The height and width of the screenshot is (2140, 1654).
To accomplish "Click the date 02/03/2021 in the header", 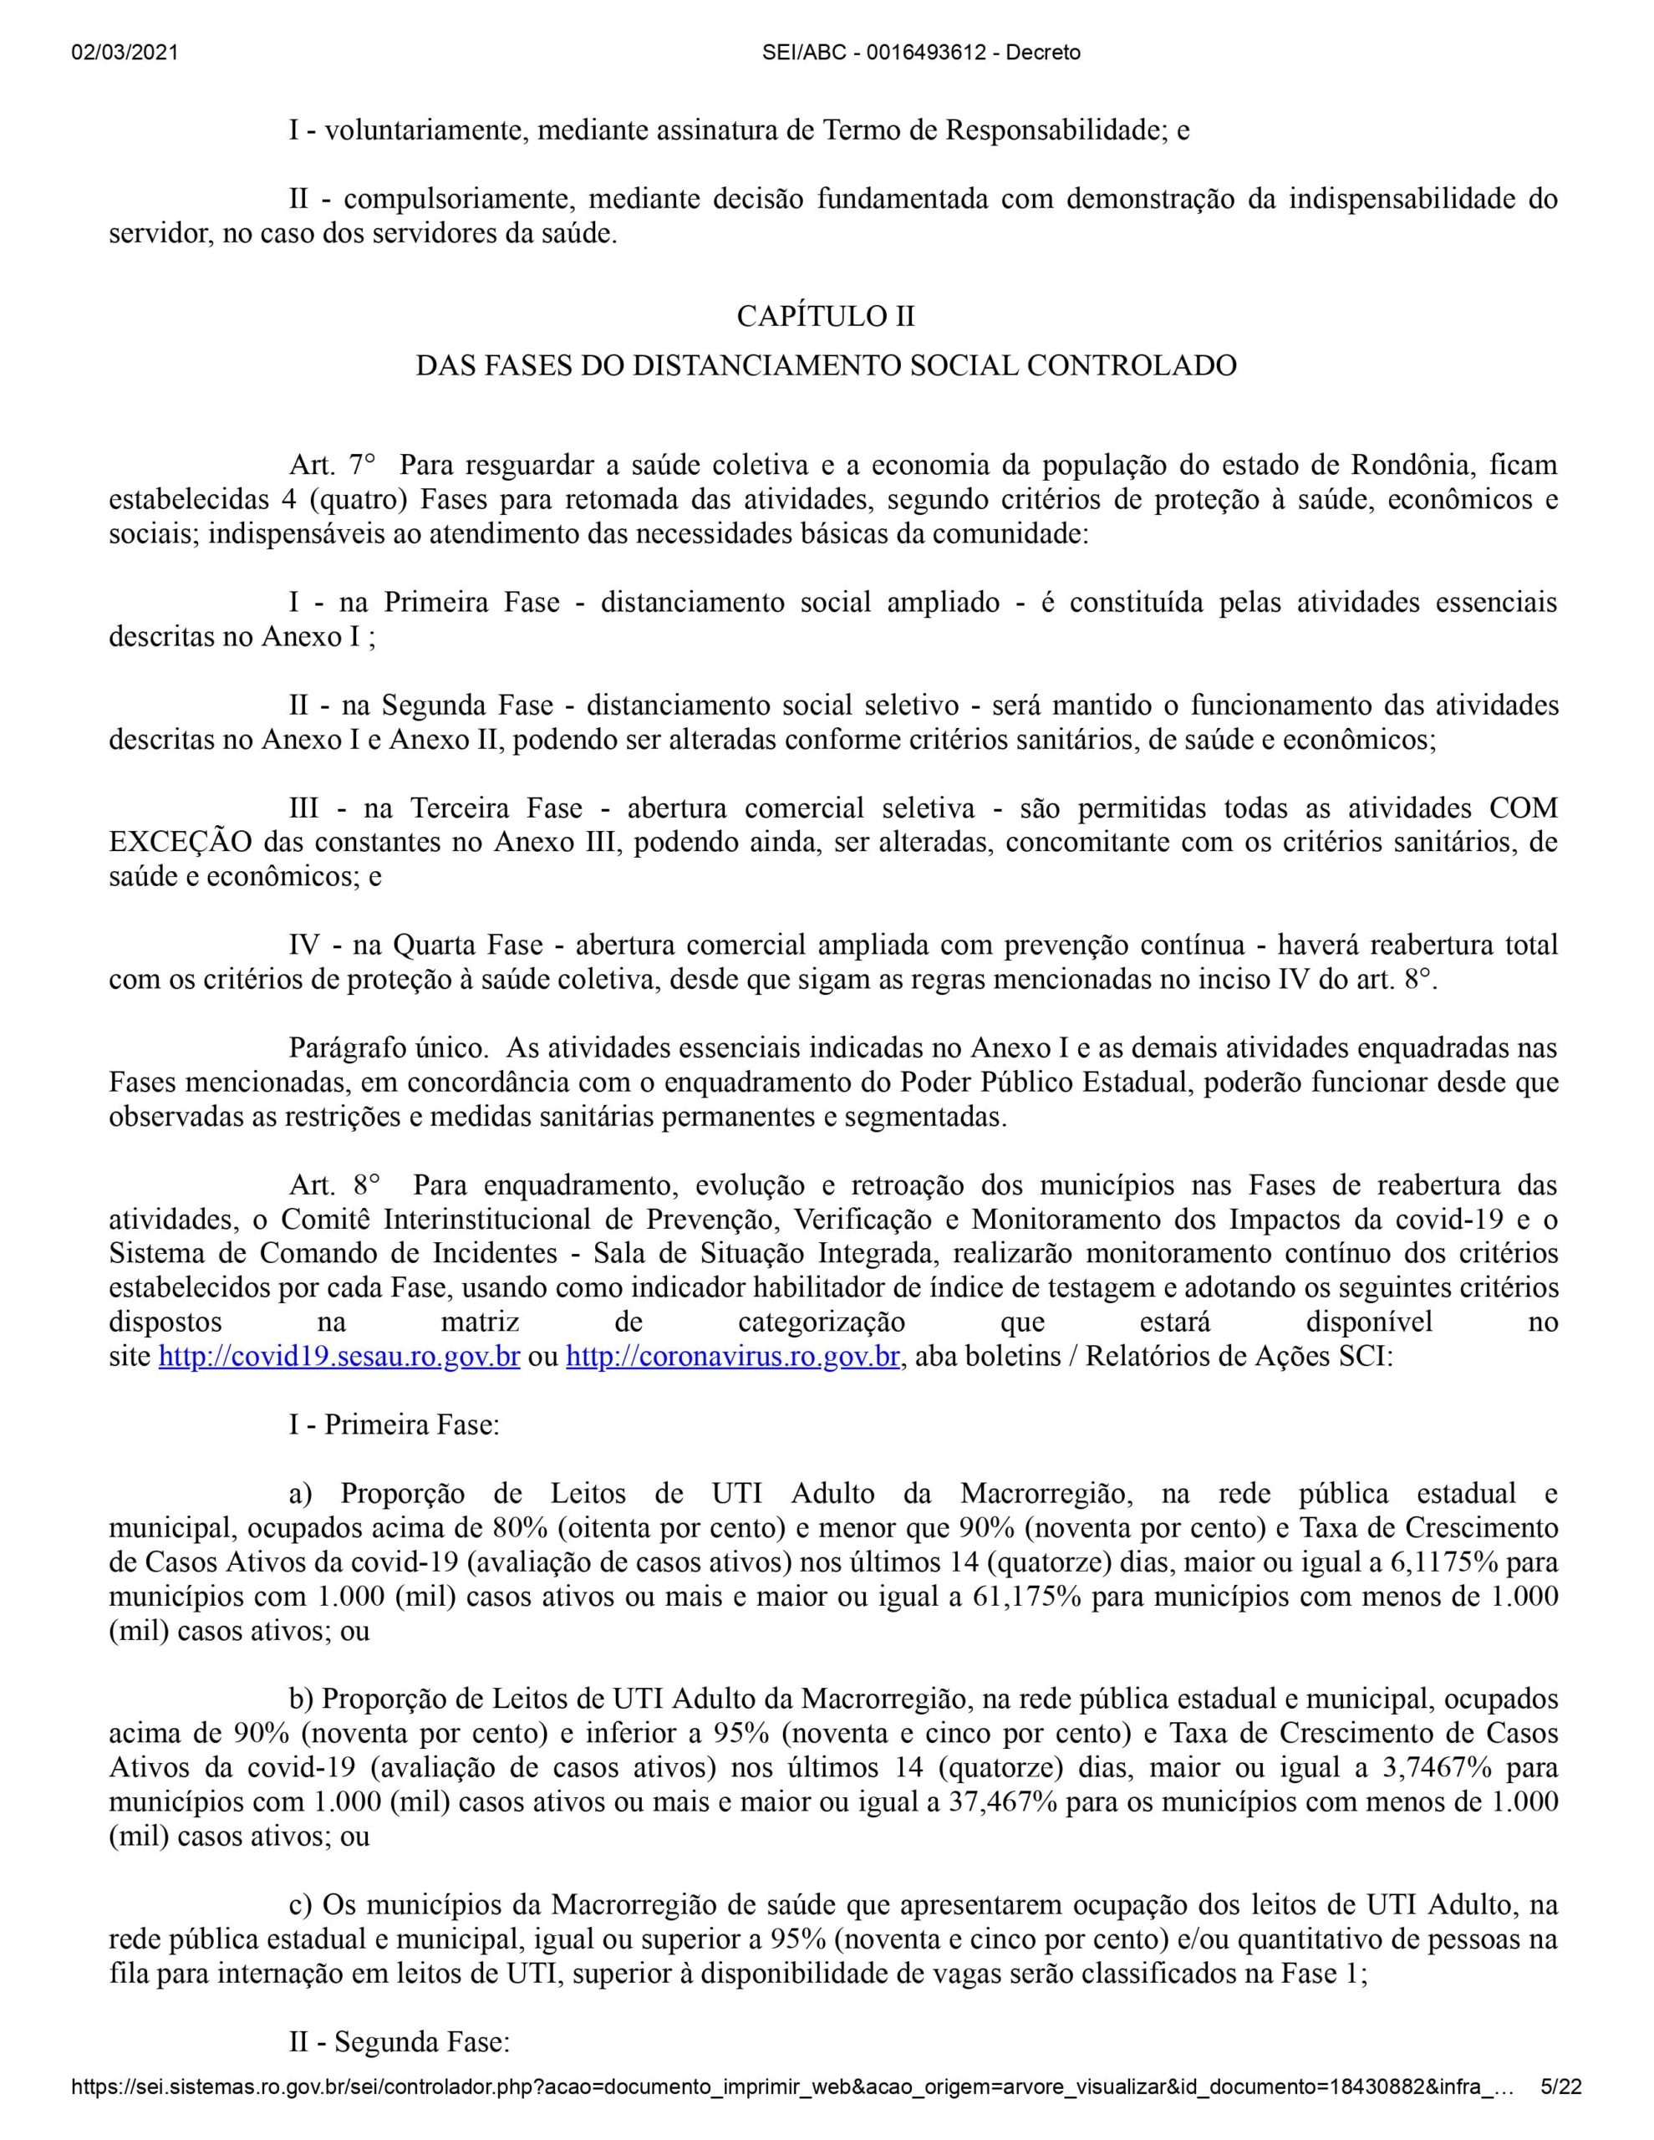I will click(x=125, y=53).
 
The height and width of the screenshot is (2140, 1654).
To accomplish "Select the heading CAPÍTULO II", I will click(x=825, y=317).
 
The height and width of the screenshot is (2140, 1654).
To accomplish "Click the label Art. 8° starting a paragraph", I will click(x=334, y=1185).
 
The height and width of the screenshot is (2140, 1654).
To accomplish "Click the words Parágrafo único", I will click(x=389, y=1048).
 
